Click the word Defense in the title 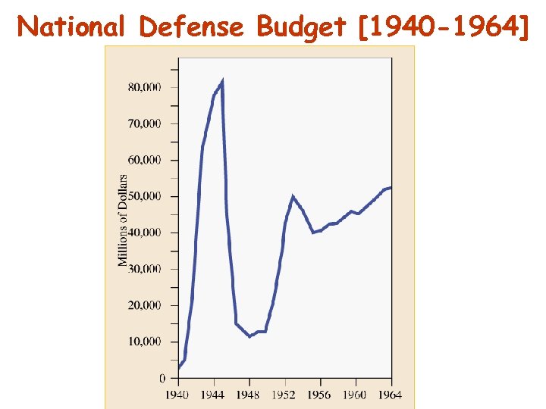click(192, 27)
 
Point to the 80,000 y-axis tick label click(144, 87)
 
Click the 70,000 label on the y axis click(144, 123)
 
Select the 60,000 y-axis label click(144, 160)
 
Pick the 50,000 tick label click(144, 196)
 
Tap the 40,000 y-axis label click(144, 233)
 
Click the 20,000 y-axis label click(144, 305)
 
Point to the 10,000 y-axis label click(144, 342)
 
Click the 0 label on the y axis click(162, 378)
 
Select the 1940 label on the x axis click(177, 395)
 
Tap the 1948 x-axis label click(248, 395)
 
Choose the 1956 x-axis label click(319, 395)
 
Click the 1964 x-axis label click(390, 395)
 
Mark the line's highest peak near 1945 click(221, 81)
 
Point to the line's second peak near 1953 click(293, 197)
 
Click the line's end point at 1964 click(391, 187)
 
